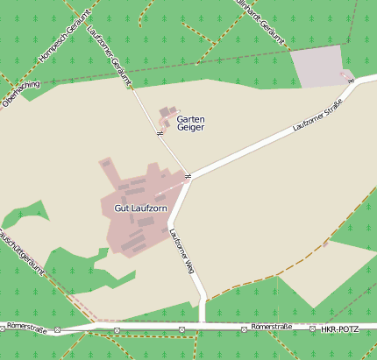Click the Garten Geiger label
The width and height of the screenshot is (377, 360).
tap(190, 123)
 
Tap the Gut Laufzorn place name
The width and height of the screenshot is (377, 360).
tap(140, 208)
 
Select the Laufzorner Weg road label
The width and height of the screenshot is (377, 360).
tap(181, 252)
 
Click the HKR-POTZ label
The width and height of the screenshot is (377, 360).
tap(339, 328)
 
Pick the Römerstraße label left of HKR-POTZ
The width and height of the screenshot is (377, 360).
tap(271, 327)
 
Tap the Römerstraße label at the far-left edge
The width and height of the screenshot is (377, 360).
tap(25, 327)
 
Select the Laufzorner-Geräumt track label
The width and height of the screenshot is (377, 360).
tap(110, 55)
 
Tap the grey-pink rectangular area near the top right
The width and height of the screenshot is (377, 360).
tap(317, 67)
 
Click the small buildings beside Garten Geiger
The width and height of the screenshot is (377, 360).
tap(165, 115)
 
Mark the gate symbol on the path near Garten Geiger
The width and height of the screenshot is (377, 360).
tap(159, 134)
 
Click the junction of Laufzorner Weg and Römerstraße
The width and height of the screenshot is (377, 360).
tap(203, 323)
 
